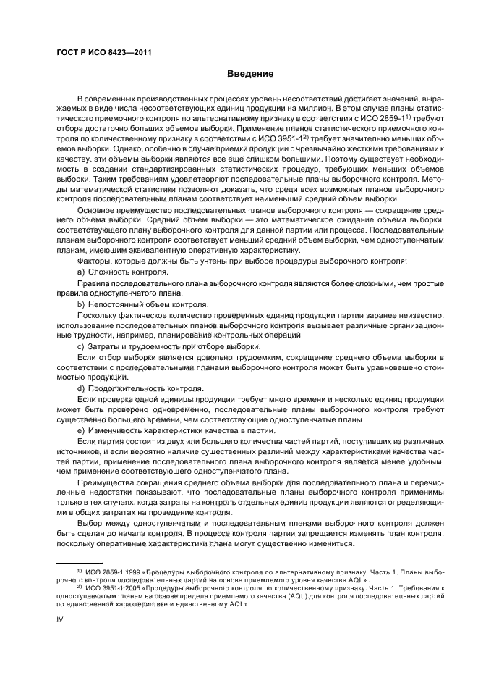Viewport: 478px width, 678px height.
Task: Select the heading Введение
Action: tap(250, 73)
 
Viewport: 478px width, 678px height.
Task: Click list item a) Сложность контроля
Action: tap(122, 272)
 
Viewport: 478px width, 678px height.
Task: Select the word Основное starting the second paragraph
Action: tap(98, 208)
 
